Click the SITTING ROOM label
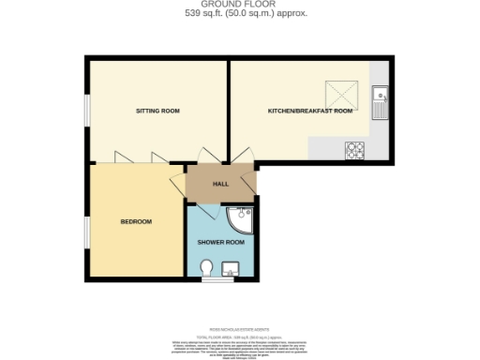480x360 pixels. (x=157, y=111)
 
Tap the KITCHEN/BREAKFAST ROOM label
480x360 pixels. (x=309, y=111)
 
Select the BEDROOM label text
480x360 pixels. (x=136, y=221)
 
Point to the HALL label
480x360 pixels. (x=221, y=184)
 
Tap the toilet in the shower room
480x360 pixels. (x=207, y=270)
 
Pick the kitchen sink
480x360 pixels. (x=381, y=100)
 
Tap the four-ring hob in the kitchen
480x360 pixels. (x=355, y=148)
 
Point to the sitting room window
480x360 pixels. (x=87, y=111)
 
